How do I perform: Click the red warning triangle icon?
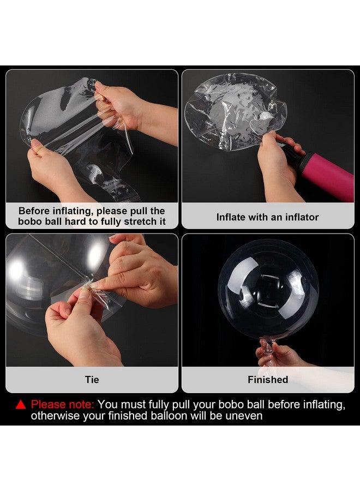coord(21,405)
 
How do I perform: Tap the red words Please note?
coord(63,405)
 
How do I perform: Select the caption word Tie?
coord(92,380)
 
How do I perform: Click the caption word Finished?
coord(268,380)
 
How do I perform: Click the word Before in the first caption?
coord(34,211)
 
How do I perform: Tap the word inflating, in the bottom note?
coord(323,405)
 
